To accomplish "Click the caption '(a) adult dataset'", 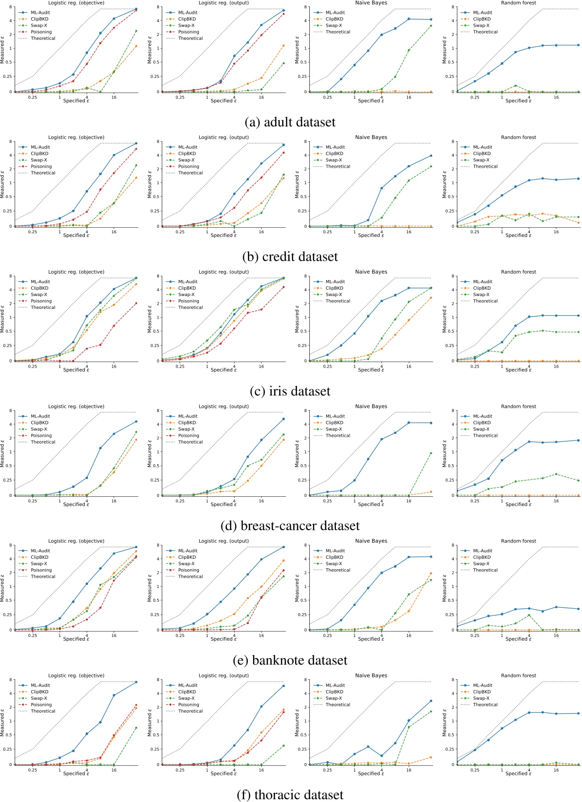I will pos(290,122).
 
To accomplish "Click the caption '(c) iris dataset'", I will pos(290,391).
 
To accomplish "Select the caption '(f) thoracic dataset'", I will pos(290,795).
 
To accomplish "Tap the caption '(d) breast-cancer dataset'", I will pos(290,526).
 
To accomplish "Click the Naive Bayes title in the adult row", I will pos(371,3).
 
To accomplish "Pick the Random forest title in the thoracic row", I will pos(518,676).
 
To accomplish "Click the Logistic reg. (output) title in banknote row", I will pos(224,541).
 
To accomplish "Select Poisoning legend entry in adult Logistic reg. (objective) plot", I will pos(41,32).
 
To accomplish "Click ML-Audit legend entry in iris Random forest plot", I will pos(483,282).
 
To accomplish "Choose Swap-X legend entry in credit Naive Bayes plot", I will pos(334,160).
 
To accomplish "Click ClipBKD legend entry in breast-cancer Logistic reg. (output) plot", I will pos(187,423).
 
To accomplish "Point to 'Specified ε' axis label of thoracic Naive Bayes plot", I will pos(371,773).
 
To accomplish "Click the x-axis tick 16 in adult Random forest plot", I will pos(556,97).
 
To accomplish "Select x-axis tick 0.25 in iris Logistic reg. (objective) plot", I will pos(33,366).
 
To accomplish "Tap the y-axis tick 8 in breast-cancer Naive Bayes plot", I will pos(306,411).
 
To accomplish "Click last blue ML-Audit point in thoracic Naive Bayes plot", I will pos(431,701).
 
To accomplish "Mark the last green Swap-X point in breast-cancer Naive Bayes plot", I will pos(431,453).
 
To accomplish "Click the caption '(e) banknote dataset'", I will pos(290,660).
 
